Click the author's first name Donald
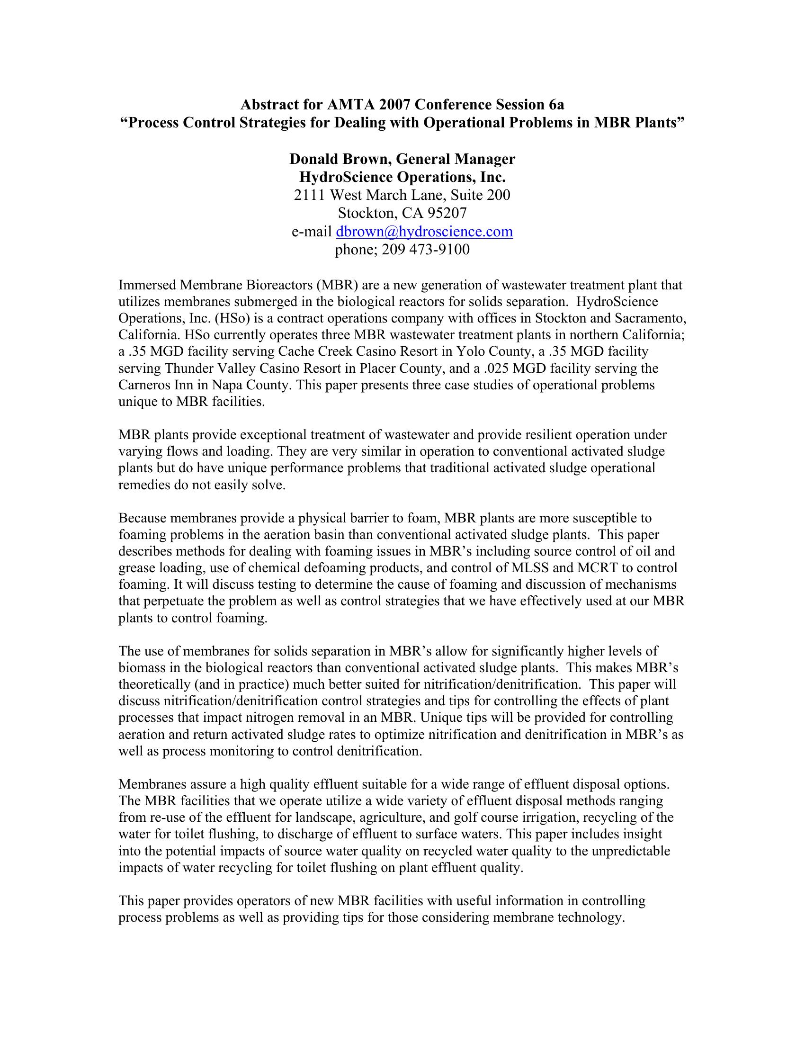313,159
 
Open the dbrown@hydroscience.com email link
424,232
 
